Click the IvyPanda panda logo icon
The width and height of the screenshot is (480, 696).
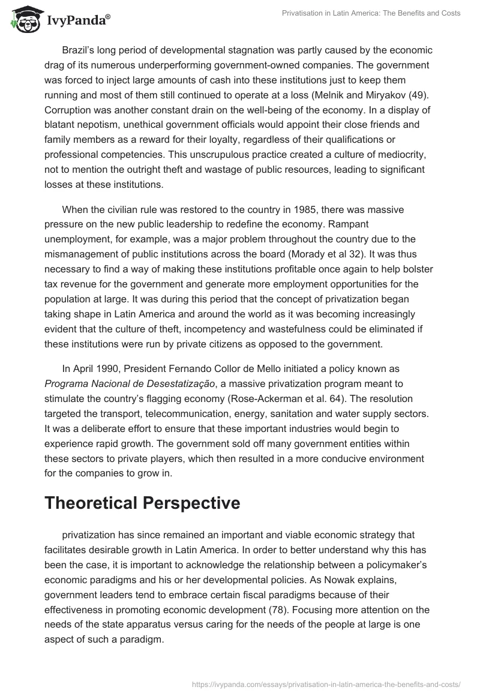coord(23,19)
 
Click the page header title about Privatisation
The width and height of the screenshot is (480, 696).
coord(371,13)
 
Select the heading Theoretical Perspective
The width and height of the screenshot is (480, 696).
coord(142,503)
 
